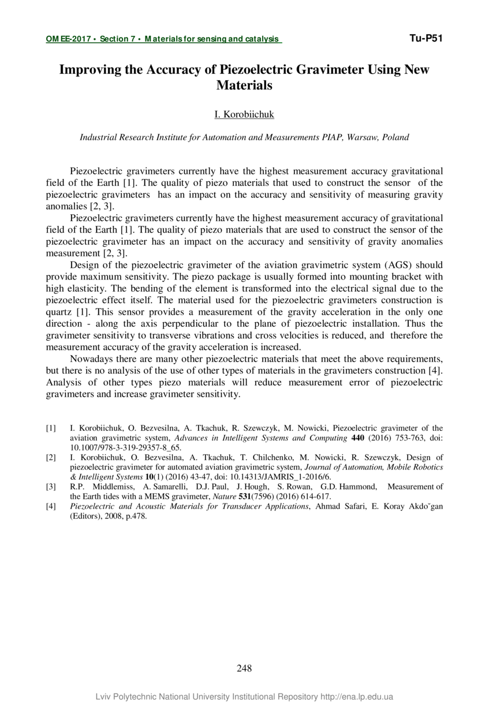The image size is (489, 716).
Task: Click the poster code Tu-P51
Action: coord(425,39)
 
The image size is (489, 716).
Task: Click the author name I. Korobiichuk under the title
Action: coord(244,114)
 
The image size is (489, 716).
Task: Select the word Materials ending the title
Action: coord(244,85)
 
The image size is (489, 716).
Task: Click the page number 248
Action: coord(244,669)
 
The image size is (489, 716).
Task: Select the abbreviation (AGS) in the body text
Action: coord(397,265)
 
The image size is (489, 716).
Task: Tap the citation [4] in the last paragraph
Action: coord(434,370)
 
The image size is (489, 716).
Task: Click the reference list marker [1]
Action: coord(51,428)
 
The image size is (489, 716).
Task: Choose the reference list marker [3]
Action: coord(51,487)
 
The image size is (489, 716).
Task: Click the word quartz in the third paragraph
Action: coord(58,312)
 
